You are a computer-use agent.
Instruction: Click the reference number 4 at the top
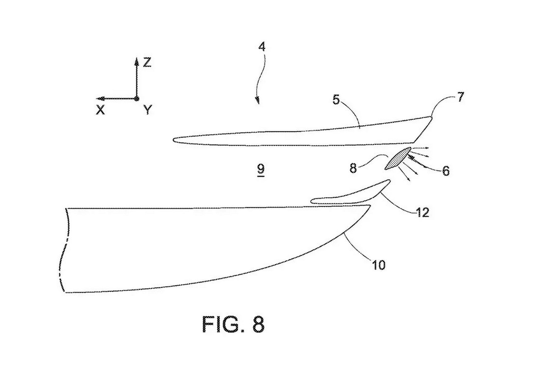[261, 47]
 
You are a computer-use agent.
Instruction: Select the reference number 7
[460, 97]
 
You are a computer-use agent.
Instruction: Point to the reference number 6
[446, 171]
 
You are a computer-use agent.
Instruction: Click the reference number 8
[353, 168]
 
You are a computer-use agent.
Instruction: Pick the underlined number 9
[261, 169]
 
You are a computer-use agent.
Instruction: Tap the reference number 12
[422, 212]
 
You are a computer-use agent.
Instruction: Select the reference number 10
[379, 265]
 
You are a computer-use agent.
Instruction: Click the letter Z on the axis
[147, 63]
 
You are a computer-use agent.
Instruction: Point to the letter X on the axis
[100, 110]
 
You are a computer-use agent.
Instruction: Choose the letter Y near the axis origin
[148, 110]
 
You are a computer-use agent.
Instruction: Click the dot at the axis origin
[137, 99]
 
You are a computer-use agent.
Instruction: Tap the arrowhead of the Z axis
[137, 61]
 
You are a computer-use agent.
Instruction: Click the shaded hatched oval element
[398, 158]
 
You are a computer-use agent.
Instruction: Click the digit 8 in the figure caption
[258, 324]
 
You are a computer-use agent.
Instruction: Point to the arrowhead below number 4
[257, 101]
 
